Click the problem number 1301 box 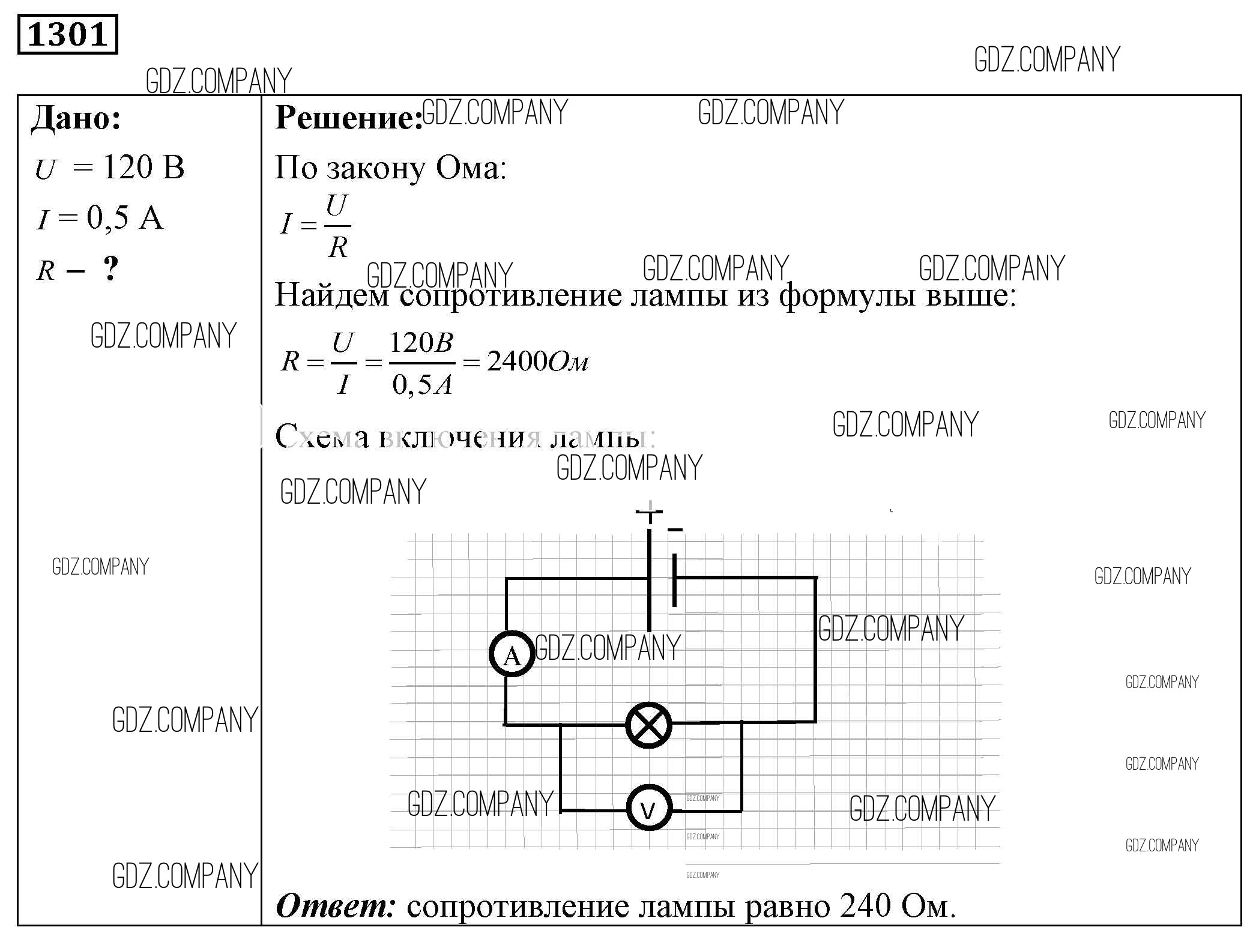(x=67, y=35)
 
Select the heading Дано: (x=76, y=118)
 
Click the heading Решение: (x=348, y=118)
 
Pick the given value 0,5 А (x=125, y=217)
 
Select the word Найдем (x=332, y=295)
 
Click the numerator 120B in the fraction (x=421, y=343)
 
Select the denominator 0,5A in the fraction (x=421, y=384)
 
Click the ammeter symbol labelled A (x=512, y=654)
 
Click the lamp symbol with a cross (x=648, y=725)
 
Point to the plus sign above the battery (x=649, y=512)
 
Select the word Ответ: (x=335, y=907)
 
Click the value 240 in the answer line (x=865, y=907)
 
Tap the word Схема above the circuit (x=322, y=437)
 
